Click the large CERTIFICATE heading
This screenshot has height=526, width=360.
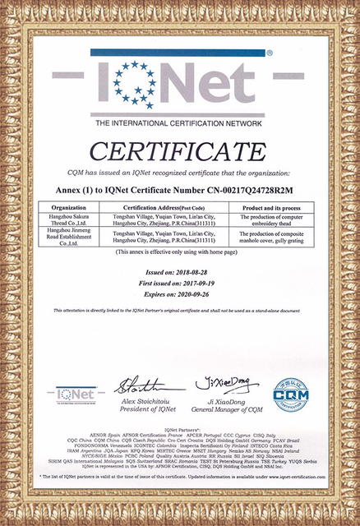(180, 153)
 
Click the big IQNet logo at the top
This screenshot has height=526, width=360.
(180, 82)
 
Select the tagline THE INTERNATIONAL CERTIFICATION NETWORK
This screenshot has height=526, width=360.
(180, 122)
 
